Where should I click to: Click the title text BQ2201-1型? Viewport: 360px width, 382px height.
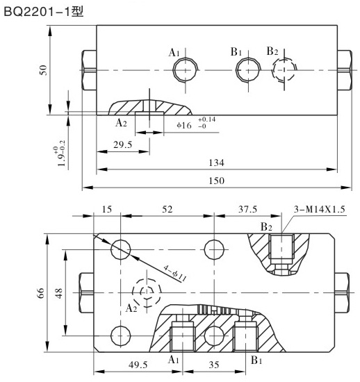43,12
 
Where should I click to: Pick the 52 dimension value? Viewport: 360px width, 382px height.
167,210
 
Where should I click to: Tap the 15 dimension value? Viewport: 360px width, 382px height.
107,210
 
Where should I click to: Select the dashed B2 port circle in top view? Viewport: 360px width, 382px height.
283,69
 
